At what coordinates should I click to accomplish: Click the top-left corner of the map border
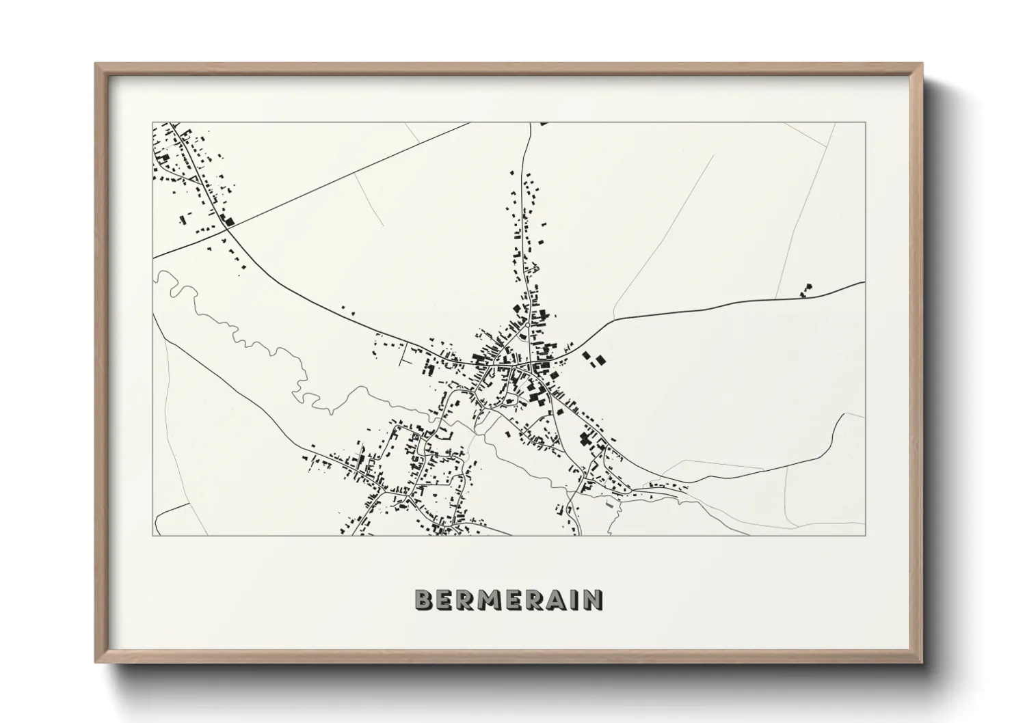[x=153, y=123]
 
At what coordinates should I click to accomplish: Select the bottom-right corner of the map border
[x=865, y=535]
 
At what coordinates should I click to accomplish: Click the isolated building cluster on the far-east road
[x=807, y=290]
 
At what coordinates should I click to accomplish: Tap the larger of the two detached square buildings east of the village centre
[x=600, y=359]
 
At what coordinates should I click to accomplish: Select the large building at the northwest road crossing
[x=228, y=220]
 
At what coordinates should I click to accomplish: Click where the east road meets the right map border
[x=865, y=282]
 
